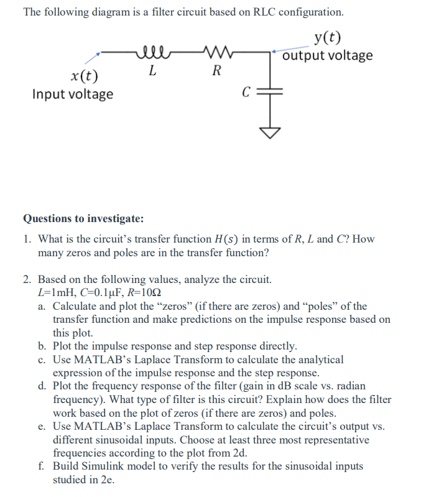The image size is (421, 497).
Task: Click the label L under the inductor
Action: click(x=152, y=70)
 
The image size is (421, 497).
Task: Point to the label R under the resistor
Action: click(x=215, y=70)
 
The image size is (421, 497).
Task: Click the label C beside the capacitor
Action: click(x=246, y=93)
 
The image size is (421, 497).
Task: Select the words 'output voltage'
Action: click(x=328, y=55)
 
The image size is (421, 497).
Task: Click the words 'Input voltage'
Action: click(x=73, y=94)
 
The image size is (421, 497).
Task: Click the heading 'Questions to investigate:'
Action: click(x=83, y=218)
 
